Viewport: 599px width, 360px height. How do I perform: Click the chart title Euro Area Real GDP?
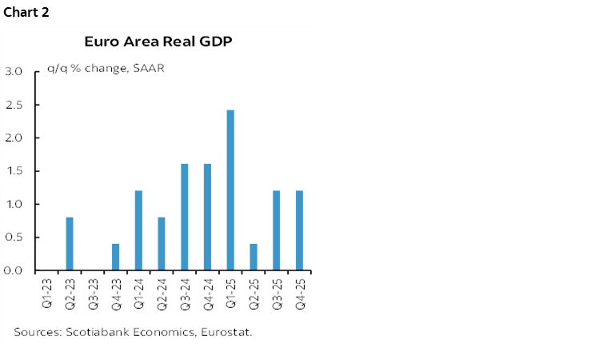coord(158,42)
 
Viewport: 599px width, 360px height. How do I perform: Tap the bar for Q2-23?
coord(70,244)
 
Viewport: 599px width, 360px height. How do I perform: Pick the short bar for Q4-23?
coord(115,257)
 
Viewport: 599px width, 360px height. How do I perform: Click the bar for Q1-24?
coord(138,230)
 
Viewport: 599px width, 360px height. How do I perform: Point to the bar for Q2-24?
coord(162,244)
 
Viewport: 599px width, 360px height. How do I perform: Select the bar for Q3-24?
coord(184,217)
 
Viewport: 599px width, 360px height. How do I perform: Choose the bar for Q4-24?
coord(207,217)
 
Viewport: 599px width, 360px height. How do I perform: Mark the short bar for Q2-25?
coord(254,257)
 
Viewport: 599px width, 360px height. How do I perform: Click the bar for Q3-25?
coord(276,230)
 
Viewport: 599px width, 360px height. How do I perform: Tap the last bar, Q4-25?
coord(299,230)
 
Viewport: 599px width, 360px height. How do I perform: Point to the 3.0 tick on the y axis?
coord(14,71)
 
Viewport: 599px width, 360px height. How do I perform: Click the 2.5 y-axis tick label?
coord(14,105)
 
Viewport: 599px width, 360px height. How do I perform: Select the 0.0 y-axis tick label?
coord(14,270)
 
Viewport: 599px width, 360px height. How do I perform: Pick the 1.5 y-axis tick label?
coord(14,171)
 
